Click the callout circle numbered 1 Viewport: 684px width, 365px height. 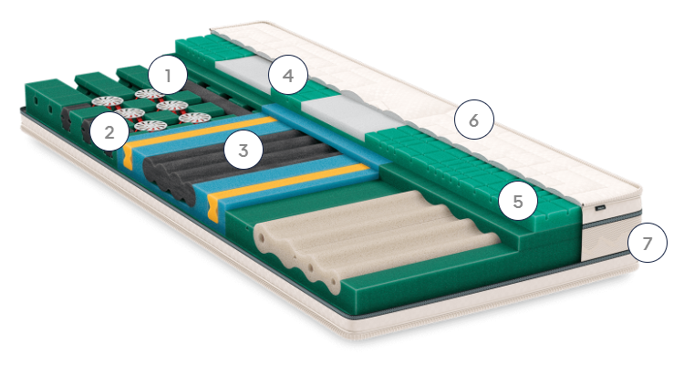pos(168,76)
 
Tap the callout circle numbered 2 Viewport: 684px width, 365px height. pos(109,131)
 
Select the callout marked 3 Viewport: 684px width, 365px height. pos(243,150)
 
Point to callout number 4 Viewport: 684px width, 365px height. pos(288,75)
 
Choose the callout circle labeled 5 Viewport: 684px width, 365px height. pos(518,201)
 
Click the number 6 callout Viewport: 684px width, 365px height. pos(473,120)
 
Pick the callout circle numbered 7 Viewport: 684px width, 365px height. pos(648,243)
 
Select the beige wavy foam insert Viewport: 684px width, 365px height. pos(375,238)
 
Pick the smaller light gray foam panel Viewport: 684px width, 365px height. pos(244,71)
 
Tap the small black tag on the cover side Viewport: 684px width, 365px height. pos(601,207)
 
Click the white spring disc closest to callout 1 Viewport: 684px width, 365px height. pos(150,94)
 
